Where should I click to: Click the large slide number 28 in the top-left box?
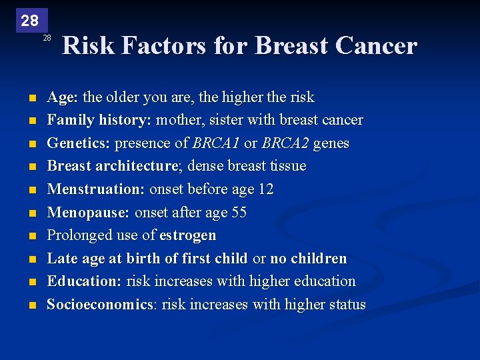29,21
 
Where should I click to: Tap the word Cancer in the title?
377,46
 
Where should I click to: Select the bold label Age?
63,97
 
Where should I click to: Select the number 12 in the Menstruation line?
265,189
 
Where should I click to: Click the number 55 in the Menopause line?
239,213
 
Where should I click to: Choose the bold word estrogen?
188,235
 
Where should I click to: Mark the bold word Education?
84,281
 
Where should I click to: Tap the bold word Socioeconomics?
99,305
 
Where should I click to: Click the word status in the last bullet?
344,305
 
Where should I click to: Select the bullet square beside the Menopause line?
31,213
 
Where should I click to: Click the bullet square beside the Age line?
31,98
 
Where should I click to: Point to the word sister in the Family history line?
224,120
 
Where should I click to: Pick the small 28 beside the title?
47,38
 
